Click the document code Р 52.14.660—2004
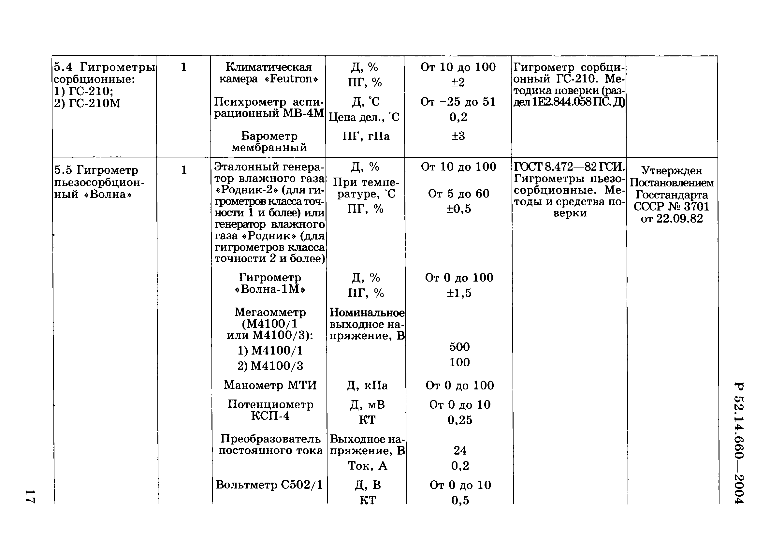(x=739, y=443)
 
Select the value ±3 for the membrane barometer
(x=458, y=136)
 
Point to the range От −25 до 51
(x=458, y=101)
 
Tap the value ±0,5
(x=459, y=209)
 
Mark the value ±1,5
(x=459, y=293)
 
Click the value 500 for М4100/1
(x=459, y=347)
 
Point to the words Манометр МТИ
(x=270, y=385)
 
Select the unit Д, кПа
(x=367, y=386)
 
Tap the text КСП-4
(x=270, y=415)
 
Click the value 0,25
(x=460, y=420)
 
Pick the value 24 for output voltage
(x=460, y=450)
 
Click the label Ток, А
(x=367, y=466)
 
